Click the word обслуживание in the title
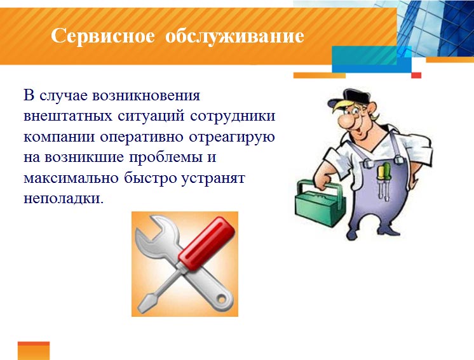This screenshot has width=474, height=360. pyautogui.click(x=234, y=36)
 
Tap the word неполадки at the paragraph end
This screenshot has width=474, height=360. pyautogui.click(x=63, y=198)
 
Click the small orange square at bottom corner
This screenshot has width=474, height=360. pyautogui.click(x=33, y=350)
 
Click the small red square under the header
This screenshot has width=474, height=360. pyautogui.click(x=416, y=75)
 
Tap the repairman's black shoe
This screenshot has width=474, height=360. pyautogui.click(x=362, y=234)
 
